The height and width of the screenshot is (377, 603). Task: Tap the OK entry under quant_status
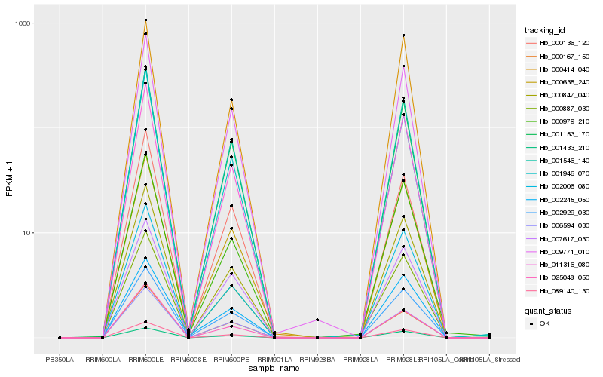(x=545, y=323)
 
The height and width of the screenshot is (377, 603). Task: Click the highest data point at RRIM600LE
(x=145, y=20)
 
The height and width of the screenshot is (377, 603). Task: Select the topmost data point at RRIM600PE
(x=231, y=100)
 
